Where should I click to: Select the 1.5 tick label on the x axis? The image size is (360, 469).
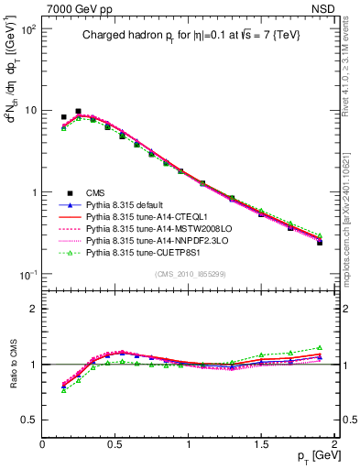pyautogui.click(x=261, y=444)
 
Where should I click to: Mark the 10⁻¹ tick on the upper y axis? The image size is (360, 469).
pyautogui.click(x=30, y=275)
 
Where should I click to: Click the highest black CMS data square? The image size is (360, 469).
pyautogui.click(x=78, y=111)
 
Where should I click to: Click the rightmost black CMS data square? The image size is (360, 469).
pyautogui.click(x=320, y=243)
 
